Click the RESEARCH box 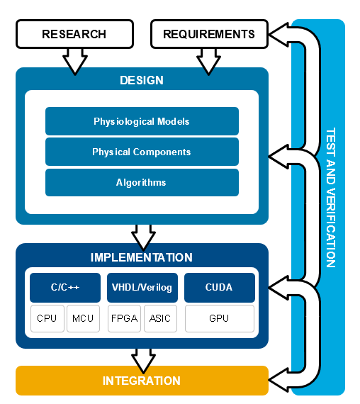coord(74,34)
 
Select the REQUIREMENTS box coord(209,34)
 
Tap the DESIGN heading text coord(142,80)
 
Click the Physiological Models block coord(142,121)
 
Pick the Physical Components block coord(142,152)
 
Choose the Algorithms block coord(142,182)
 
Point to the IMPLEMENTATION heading coord(142,257)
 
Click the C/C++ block coord(65,288)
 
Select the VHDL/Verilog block coord(142,288)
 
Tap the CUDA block coord(220,288)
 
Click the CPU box coord(47,318)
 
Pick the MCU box coord(83,318)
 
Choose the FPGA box coord(124,318)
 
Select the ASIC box coord(160,318)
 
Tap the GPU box coord(220,318)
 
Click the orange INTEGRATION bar coord(142,381)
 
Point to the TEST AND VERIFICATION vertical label coord(331,198)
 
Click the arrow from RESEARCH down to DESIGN coord(75,62)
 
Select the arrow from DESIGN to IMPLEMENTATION coord(143,237)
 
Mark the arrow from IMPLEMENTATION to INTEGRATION coord(143,361)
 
